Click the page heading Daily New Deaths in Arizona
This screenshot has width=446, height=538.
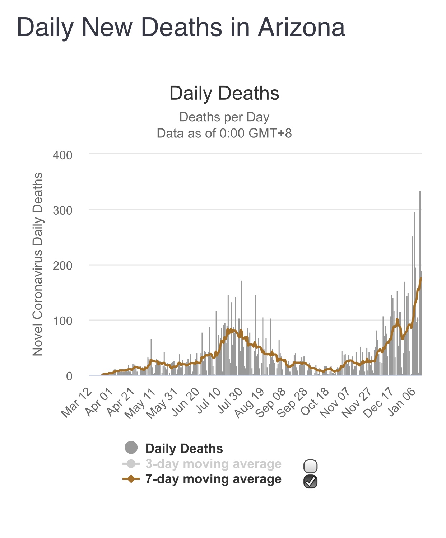[x=181, y=28]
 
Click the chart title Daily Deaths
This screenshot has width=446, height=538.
[x=224, y=93]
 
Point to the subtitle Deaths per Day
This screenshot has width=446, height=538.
[x=224, y=117]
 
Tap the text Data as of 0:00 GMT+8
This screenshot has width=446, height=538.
[x=224, y=133]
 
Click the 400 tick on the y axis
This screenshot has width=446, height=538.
[x=62, y=155]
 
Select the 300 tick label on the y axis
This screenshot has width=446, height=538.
[x=62, y=210]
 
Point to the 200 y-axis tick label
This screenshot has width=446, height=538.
[x=62, y=266]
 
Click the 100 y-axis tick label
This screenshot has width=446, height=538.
[x=62, y=321]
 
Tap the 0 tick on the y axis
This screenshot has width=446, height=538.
[x=69, y=376]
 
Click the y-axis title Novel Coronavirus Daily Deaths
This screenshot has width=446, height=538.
[x=38, y=264]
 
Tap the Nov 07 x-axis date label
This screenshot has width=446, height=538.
[x=335, y=402]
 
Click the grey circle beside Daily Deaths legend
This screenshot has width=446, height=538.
[x=131, y=448]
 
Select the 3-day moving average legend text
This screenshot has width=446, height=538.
[x=213, y=464]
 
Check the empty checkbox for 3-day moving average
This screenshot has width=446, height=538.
[x=310, y=466]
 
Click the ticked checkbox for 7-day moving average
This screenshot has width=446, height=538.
[x=310, y=481]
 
